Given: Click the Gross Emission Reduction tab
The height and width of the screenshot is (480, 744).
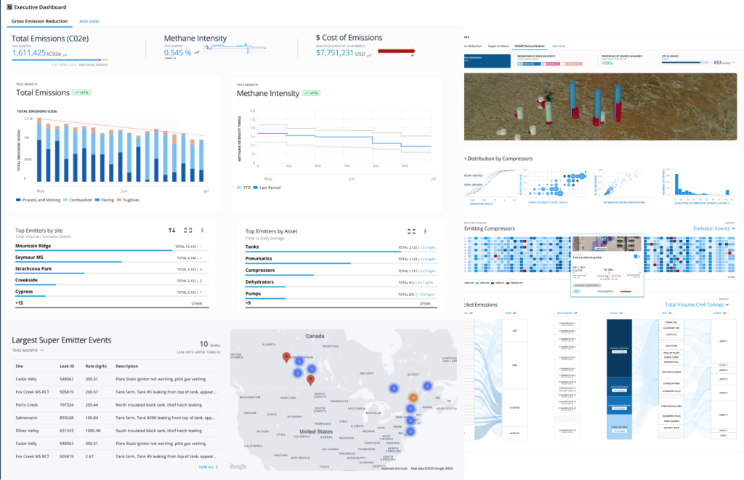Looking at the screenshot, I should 39,21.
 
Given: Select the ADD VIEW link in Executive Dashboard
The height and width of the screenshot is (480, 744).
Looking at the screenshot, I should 90,21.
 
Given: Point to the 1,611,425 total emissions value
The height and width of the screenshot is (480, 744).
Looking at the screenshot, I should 29,53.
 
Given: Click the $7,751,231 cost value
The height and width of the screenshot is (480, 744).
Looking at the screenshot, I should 335,52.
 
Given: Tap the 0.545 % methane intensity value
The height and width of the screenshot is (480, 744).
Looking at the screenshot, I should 178,52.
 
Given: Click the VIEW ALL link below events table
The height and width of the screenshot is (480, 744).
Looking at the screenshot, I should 208,467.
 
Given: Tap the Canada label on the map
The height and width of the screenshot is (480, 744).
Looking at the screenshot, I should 315,337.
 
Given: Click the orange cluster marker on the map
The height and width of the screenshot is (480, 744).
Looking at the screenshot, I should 412,398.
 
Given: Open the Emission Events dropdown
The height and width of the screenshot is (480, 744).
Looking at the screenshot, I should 714,228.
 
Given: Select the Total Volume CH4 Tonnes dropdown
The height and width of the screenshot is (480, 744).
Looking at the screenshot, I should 700,305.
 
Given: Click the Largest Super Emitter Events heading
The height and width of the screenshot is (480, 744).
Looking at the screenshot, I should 61,340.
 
